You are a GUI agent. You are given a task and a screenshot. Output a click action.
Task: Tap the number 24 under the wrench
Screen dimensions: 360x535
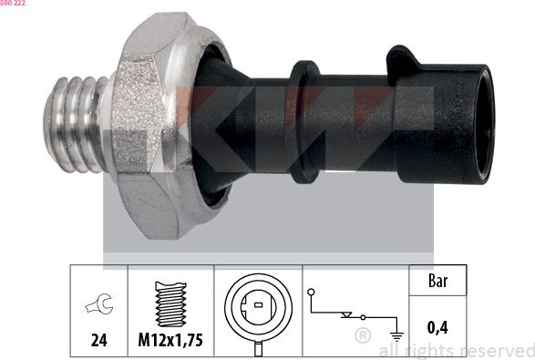click(x=99, y=340)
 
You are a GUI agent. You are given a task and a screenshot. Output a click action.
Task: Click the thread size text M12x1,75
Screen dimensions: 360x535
click(x=170, y=341)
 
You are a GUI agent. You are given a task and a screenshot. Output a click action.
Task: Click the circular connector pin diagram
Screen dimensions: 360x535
click(x=258, y=302)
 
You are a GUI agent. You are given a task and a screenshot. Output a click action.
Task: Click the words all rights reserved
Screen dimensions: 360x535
click(x=456, y=351)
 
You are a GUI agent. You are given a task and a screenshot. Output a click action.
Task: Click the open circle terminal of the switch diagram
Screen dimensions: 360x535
click(x=312, y=292)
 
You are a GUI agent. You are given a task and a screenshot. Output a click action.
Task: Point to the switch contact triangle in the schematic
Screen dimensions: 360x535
click(x=345, y=314)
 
